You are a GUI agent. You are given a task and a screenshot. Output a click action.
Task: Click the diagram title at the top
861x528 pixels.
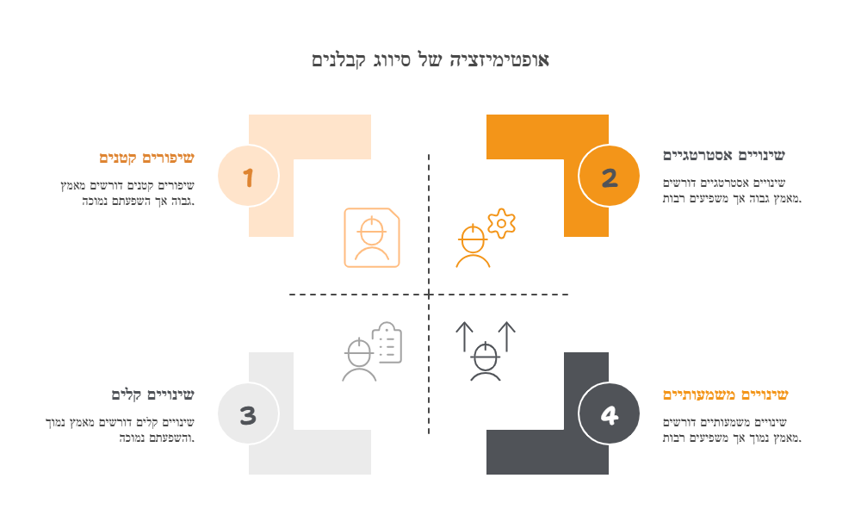click(x=430, y=59)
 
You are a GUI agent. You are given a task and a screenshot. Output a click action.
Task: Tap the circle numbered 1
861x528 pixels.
click(x=248, y=177)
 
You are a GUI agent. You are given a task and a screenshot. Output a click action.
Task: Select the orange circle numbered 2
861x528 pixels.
click(x=609, y=177)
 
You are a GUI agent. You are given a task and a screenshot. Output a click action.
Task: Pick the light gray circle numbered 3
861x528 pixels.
click(x=248, y=413)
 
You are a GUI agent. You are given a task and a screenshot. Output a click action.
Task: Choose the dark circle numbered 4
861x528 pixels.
click(x=609, y=413)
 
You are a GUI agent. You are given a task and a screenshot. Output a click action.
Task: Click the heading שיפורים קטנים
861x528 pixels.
click(x=146, y=158)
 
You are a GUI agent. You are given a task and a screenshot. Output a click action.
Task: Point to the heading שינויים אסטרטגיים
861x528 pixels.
click(x=724, y=156)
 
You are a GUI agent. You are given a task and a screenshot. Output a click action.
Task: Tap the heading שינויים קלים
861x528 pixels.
click(x=152, y=394)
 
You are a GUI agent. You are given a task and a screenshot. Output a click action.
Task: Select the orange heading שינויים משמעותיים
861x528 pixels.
click(x=725, y=394)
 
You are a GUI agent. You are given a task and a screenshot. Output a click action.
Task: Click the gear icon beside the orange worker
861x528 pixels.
click(x=501, y=224)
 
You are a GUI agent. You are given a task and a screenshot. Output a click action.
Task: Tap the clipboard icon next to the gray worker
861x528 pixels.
click(x=387, y=343)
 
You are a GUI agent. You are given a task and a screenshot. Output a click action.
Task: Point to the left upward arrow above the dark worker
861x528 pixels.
click(x=465, y=336)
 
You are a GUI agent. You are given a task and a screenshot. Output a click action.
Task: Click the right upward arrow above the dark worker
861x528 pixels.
click(x=507, y=336)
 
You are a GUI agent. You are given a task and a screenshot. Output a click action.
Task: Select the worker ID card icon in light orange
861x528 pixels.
click(x=372, y=238)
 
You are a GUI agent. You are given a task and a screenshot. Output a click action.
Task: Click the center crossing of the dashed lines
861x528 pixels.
click(x=429, y=295)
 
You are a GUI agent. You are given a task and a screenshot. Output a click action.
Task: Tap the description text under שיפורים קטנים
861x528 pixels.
click(x=127, y=193)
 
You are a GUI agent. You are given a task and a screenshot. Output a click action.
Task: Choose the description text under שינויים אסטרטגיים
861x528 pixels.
click(x=732, y=190)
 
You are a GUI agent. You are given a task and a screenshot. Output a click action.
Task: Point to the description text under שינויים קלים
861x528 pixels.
click(x=120, y=430)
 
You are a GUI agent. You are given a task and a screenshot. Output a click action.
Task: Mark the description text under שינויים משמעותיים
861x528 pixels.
click(x=732, y=430)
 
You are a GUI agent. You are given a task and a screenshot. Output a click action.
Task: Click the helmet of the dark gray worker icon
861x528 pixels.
click(x=486, y=355)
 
